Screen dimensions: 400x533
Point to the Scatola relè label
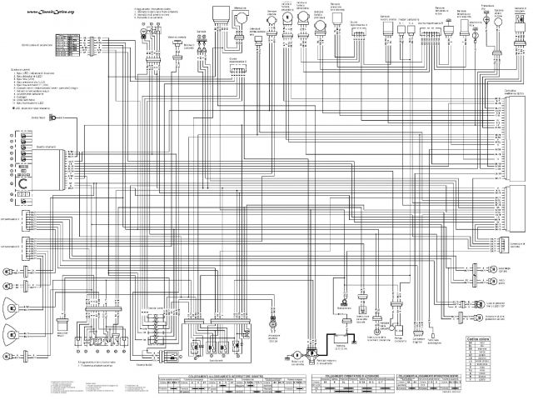[158, 306]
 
